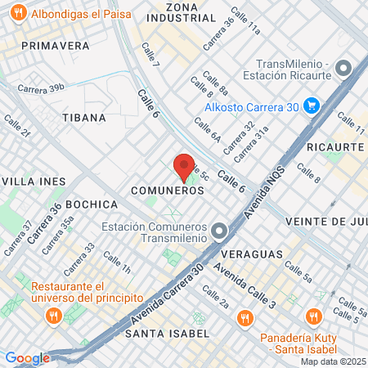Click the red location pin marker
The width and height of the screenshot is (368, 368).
[184, 167]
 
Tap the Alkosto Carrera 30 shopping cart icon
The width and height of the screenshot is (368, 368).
[311, 105]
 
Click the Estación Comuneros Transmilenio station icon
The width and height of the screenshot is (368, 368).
[218, 231]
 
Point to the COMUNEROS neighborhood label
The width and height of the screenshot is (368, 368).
[167, 190]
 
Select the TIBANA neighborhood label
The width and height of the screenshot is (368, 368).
[84, 118]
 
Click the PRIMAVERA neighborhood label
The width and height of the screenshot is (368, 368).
[56, 46]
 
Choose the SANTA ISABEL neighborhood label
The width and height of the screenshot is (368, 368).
[168, 334]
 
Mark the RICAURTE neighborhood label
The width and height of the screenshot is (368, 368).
[335, 146]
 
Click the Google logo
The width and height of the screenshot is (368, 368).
[26, 358]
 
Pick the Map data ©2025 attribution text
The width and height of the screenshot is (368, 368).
[333, 361]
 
